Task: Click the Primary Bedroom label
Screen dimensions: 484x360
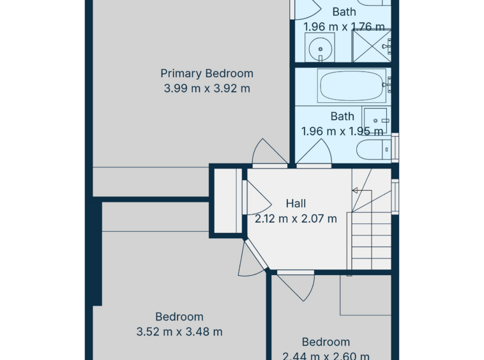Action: (x=207, y=73)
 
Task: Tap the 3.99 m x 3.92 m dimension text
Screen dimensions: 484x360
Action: (x=207, y=89)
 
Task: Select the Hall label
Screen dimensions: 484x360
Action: (x=296, y=203)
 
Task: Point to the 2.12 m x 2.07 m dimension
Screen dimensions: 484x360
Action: (x=296, y=219)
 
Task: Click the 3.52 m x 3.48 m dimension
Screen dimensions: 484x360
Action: (x=179, y=332)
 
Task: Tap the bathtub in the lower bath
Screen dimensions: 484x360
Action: (x=352, y=86)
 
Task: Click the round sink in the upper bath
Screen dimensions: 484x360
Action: (x=320, y=49)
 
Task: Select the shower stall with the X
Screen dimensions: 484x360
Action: (x=372, y=46)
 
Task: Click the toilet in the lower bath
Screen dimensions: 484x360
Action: (x=374, y=149)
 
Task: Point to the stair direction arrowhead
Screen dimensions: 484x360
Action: (x=354, y=191)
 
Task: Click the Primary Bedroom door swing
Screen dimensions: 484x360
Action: (x=269, y=152)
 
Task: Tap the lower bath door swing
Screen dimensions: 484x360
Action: (x=314, y=152)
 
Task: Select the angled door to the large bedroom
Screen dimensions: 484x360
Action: (x=252, y=259)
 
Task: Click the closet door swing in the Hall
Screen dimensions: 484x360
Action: (x=257, y=197)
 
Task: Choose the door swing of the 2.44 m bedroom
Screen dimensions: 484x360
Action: (x=296, y=286)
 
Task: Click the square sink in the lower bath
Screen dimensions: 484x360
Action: (x=375, y=120)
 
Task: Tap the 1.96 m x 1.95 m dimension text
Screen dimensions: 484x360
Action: (x=342, y=131)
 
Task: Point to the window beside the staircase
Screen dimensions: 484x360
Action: (x=395, y=197)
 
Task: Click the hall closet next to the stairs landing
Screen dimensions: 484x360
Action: (x=228, y=201)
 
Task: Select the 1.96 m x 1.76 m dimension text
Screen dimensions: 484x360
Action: (x=344, y=27)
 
